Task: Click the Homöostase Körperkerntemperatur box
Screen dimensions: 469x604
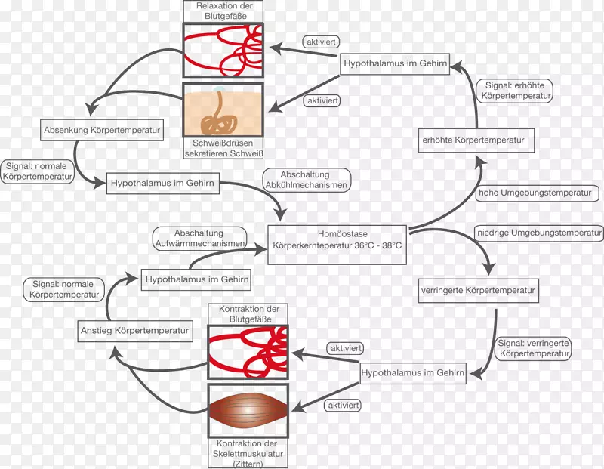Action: pyautogui.click(x=337, y=241)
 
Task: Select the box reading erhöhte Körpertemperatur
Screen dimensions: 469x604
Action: pyautogui.click(x=477, y=140)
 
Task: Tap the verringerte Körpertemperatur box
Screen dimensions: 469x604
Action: pyautogui.click(x=477, y=290)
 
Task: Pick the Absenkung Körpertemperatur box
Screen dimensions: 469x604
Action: pyautogui.click(x=103, y=130)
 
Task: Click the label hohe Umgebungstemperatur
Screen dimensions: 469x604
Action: pyautogui.click(x=535, y=193)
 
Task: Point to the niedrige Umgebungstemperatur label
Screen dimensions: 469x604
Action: pyautogui.click(x=539, y=232)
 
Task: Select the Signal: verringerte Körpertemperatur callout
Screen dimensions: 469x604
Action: pyautogui.click(x=534, y=347)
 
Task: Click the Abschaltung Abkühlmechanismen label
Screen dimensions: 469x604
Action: pyautogui.click(x=305, y=180)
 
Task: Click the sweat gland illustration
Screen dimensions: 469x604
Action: pyautogui.click(x=223, y=110)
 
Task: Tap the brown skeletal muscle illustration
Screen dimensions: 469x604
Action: pyautogui.click(x=248, y=409)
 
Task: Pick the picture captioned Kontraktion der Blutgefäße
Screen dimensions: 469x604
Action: pyautogui.click(x=248, y=353)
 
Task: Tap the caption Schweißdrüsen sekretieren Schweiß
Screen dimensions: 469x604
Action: pyautogui.click(x=223, y=149)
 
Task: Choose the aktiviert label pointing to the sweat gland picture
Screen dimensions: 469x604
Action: pyautogui.click(x=321, y=100)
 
